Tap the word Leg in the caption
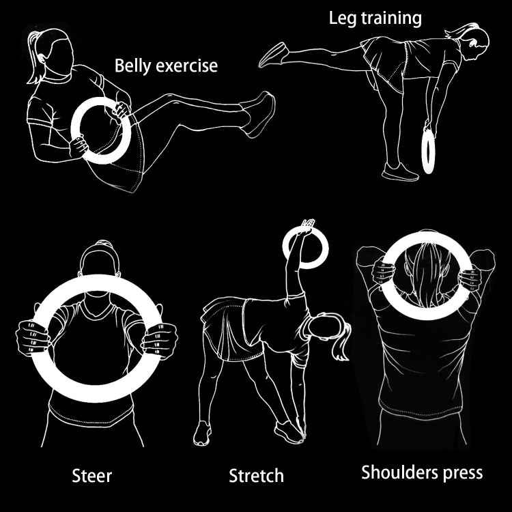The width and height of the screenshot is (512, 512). [x=342, y=18]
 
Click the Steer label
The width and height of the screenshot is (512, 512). [x=93, y=474]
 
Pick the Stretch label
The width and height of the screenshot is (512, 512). [x=256, y=475]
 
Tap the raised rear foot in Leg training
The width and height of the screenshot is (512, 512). [x=273, y=54]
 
